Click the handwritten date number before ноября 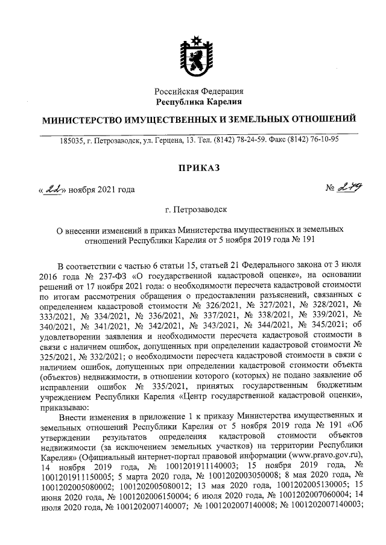pyautogui.click(x=52, y=189)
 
